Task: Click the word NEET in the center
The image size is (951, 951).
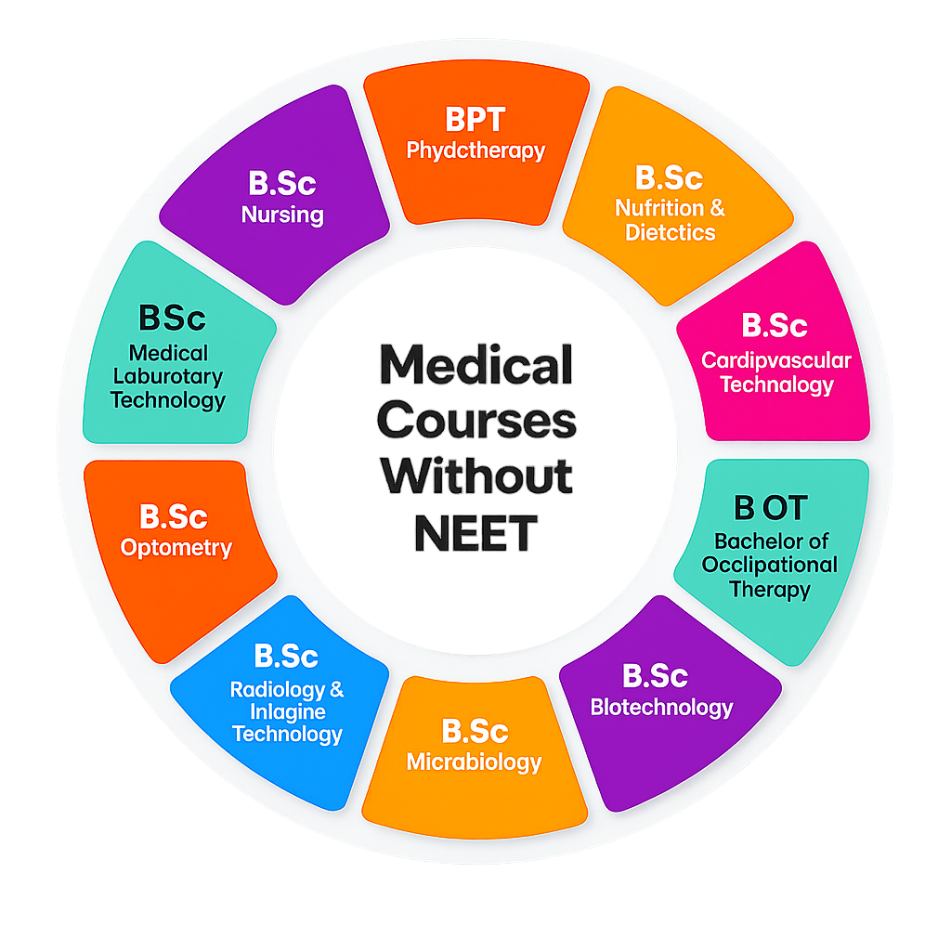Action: pos(475,532)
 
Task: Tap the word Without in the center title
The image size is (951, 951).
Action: pos(475,477)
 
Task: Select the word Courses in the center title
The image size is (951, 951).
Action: pos(475,422)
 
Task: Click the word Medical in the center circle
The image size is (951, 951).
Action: pos(475,366)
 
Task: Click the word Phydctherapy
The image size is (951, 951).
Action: pos(475,150)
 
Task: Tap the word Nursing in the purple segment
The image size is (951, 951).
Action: pos(282,215)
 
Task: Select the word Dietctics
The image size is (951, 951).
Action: pos(670,232)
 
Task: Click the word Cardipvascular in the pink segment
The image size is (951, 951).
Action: pos(775,359)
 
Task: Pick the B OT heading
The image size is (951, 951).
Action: pos(770,508)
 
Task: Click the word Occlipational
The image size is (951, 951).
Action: pos(770,565)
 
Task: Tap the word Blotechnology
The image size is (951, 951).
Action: pos(661,708)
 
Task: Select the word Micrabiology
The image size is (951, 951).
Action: pos(474,762)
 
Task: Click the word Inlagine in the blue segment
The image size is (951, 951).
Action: pos(288,711)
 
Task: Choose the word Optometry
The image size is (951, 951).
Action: pos(176,547)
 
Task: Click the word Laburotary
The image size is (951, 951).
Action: pos(168,377)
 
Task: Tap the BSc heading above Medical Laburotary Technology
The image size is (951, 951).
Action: pos(171,318)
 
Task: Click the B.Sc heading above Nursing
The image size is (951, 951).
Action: pos(282,183)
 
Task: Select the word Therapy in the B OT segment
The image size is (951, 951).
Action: pos(770,589)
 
